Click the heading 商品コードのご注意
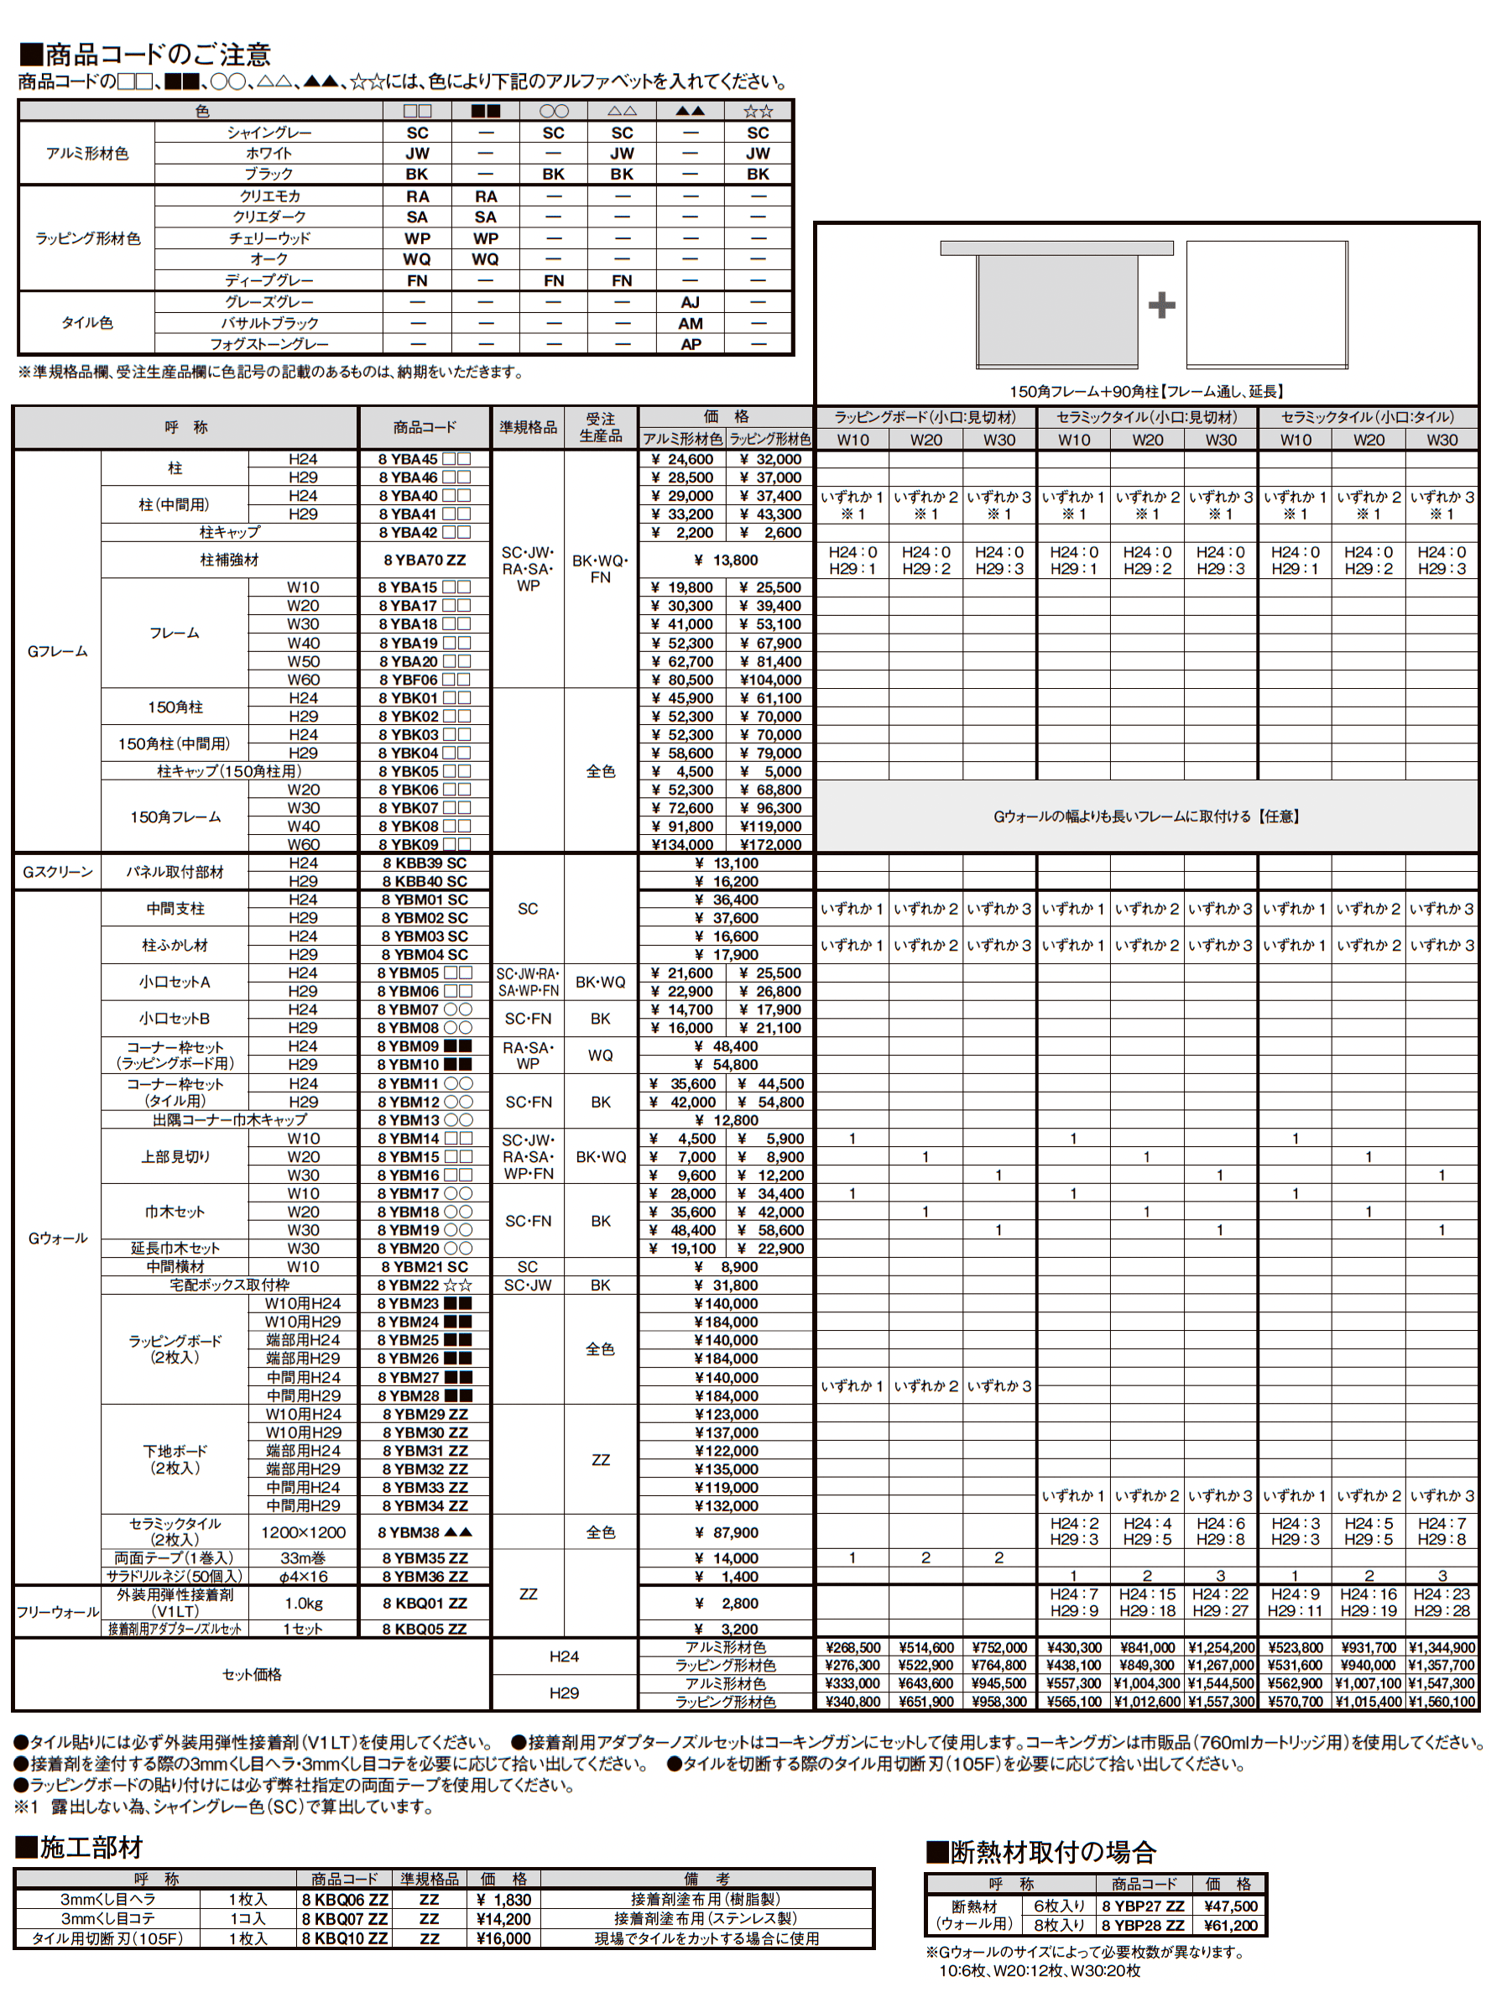(145, 55)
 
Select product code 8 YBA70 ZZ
(424, 560)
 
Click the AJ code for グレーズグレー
(690, 302)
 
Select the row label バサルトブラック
(269, 323)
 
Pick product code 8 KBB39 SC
(424, 863)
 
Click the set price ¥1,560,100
(1442, 1702)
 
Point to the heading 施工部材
(80, 1848)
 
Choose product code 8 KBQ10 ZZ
(344, 1938)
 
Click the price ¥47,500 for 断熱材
(1230, 1906)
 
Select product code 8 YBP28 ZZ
(1142, 1926)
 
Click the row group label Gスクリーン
(57, 872)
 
